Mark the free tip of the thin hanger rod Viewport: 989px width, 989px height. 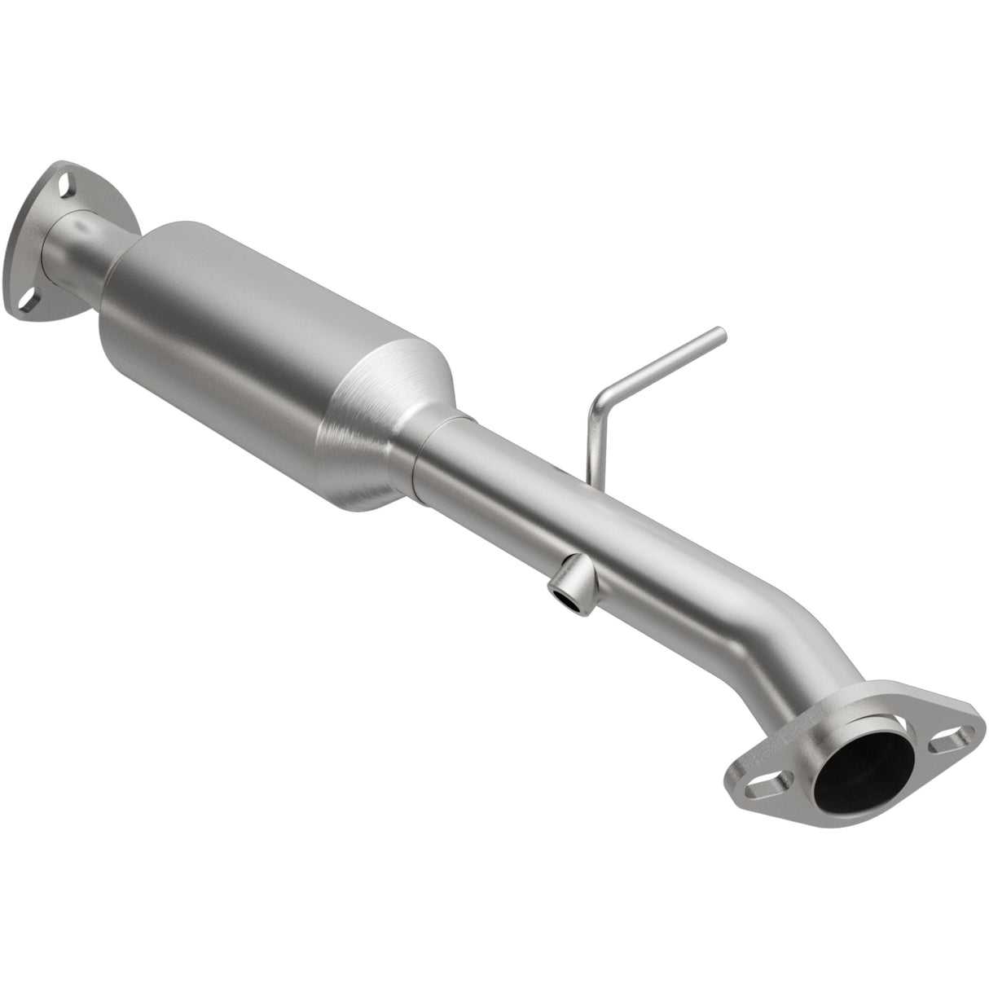720,332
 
